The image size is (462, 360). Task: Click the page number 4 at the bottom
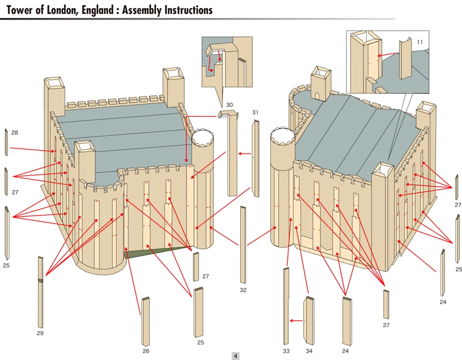tap(236, 356)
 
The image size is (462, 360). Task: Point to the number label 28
tap(14, 133)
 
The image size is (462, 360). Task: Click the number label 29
tap(40, 333)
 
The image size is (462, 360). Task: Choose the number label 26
tap(146, 351)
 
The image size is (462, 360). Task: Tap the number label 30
tap(229, 105)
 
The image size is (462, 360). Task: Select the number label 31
tap(255, 112)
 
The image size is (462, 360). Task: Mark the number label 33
tap(286, 351)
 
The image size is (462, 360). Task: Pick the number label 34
tap(309, 351)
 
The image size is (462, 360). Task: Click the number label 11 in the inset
tap(420, 42)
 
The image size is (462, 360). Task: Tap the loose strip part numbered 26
tap(146, 321)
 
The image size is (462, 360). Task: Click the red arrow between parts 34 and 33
tap(297, 320)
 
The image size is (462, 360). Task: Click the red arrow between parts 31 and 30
tap(245, 154)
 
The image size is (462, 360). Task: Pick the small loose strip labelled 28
tap(6, 142)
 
